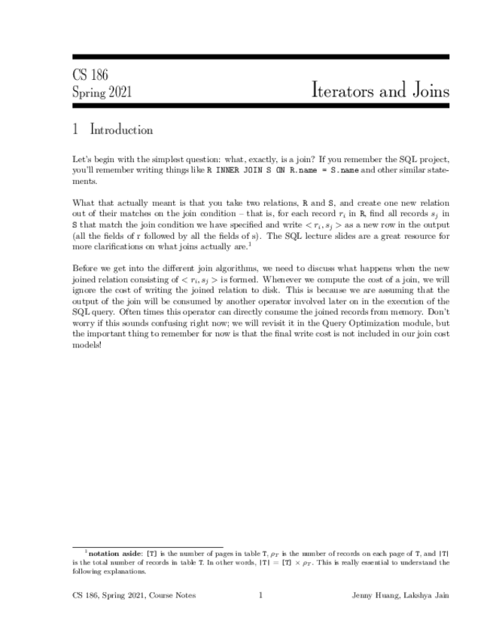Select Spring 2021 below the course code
point(102,92)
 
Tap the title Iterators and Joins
point(380,90)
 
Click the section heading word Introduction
point(121,130)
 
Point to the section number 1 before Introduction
point(76,130)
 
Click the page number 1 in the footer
point(260,595)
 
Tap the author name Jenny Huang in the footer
point(373,595)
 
